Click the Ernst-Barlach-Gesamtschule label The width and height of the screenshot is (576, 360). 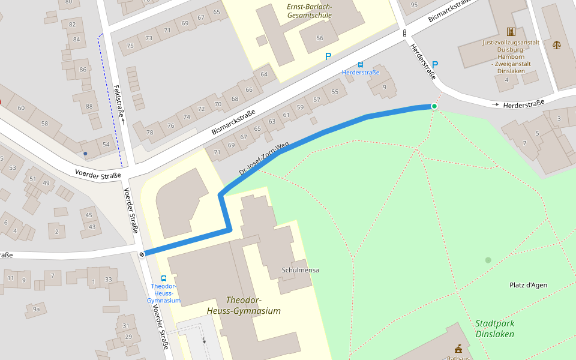point(309,11)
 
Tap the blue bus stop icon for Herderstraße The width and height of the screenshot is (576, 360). point(361,64)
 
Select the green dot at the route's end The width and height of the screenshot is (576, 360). point(434,106)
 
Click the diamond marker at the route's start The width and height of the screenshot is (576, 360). point(142,254)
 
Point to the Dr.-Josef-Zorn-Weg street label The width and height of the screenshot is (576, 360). point(263,159)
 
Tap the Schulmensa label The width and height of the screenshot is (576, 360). point(300,270)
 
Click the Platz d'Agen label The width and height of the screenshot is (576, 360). point(528,285)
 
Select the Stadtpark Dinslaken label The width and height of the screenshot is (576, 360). point(494,328)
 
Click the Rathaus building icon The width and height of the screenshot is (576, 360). point(458,349)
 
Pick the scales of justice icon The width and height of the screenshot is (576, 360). point(556,45)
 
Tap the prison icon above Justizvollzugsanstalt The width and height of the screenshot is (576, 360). point(511,31)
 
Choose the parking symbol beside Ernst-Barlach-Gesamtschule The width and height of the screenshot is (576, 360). point(328,56)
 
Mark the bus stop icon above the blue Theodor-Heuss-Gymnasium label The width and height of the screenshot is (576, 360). point(163,278)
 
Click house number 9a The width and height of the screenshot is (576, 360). point(36,309)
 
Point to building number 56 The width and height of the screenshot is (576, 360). point(320,38)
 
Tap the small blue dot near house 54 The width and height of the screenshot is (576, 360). point(85,154)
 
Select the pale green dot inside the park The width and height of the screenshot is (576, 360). point(488,260)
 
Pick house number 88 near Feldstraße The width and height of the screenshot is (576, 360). point(89,107)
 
